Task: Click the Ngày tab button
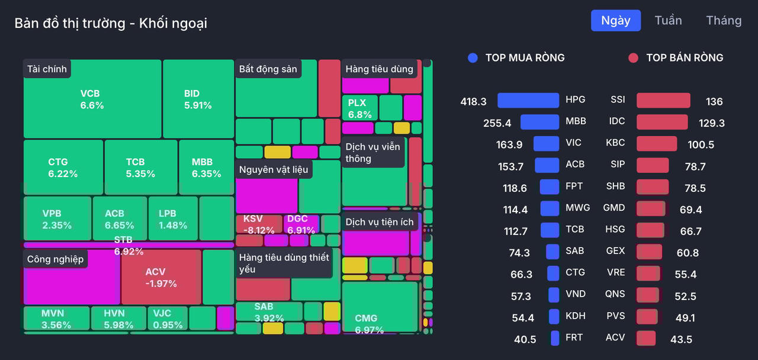coord(615,21)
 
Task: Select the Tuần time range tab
coord(668,21)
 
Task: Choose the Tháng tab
coord(724,21)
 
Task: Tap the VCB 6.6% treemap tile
coord(92,99)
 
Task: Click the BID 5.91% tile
coord(198,99)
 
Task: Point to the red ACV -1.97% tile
coord(161,277)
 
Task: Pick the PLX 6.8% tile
coord(359,108)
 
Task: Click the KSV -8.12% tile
coord(259,224)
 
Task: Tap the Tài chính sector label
coord(47,69)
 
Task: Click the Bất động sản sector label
coord(268,69)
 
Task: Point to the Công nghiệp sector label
coord(55,259)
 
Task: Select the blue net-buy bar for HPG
coord(528,101)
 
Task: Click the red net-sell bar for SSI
coord(663,101)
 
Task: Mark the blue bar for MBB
coord(539,122)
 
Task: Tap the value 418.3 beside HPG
coord(473,101)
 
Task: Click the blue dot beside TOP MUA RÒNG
coord(473,58)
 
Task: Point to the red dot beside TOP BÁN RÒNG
coord(633,58)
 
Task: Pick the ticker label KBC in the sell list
coord(615,143)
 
